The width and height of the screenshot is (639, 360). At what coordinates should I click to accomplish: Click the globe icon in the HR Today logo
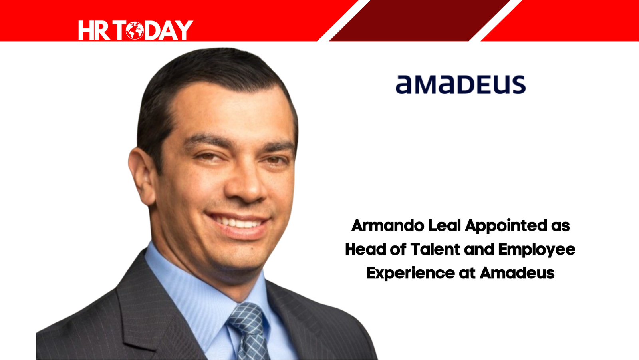pyautogui.click(x=135, y=30)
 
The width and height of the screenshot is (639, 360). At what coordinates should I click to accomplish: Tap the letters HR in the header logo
pyautogui.click(x=94, y=30)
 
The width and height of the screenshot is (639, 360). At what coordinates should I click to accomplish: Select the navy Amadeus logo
pyautogui.click(x=460, y=84)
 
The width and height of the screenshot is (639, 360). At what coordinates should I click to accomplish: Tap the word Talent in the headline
pyautogui.click(x=435, y=249)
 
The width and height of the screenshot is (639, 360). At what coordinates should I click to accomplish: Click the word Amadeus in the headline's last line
pyautogui.click(x=517, y=273)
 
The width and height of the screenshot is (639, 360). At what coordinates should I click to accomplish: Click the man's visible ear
pyautogui.click(x=142, y=175)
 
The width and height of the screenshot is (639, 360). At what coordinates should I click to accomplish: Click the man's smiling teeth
pyautogui.click(x=238, y=223)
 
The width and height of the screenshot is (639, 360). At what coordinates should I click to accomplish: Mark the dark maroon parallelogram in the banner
pyautogui.click(x=419, y=20)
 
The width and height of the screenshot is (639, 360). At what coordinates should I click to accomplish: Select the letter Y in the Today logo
pyautogui.click(x=183, y=30)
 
